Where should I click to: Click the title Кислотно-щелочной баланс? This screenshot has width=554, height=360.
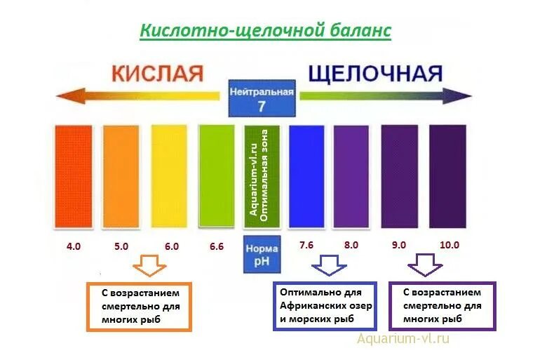pos(265,32)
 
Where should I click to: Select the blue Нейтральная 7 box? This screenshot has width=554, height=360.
pos(262,98)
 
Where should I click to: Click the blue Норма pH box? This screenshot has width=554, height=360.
pos(262,255)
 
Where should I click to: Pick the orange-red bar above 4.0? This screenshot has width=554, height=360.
pos(74,175)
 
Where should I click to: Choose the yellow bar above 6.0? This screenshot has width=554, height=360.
pos(169,175)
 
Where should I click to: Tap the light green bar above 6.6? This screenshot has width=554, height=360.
pos(216,175)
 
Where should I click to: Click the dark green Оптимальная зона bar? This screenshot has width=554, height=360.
pos(262,175)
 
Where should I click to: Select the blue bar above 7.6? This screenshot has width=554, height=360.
pos(306,175)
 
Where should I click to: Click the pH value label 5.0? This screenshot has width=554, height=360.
pos(121,246)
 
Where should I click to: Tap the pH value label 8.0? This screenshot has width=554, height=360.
pos(351,245)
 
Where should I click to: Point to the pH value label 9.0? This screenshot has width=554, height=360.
pos(399,246)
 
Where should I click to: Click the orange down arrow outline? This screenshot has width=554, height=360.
pos(150,266)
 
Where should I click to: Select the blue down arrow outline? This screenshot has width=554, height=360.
pos(328,265)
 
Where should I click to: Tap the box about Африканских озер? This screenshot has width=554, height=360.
pos(325,306)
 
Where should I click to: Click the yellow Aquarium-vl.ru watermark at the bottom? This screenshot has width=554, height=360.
pos(403,340)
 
